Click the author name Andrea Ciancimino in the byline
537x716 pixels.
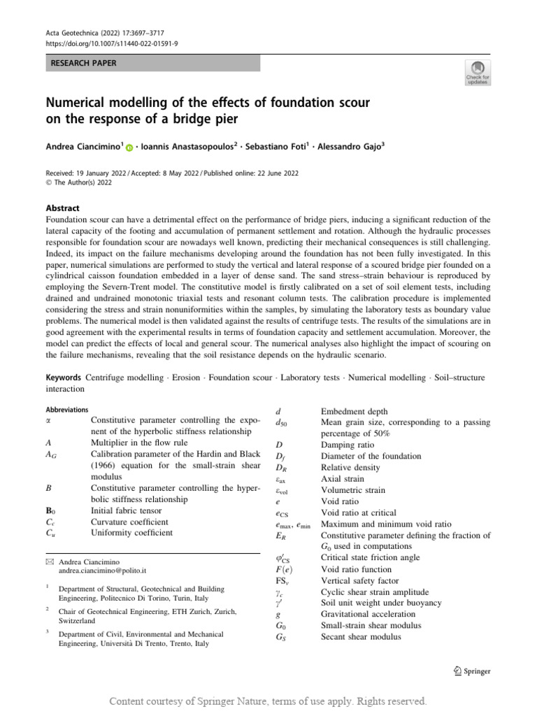pos(85,148)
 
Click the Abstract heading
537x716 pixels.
pos(63,208)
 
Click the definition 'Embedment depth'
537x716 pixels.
pos(354,412)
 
